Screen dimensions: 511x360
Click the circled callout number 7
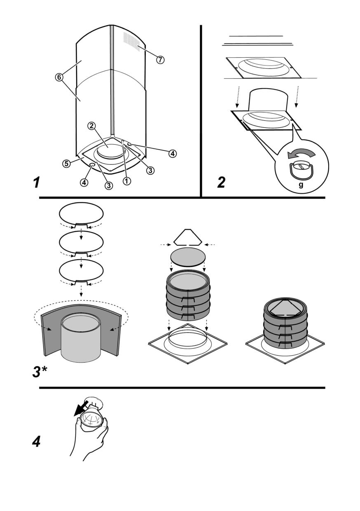[161, 59]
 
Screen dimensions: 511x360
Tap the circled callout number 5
[66, 163]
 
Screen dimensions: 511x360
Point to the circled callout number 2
[92, 126]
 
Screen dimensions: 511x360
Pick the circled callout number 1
[127, 180]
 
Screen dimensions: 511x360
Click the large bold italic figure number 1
[37, 182]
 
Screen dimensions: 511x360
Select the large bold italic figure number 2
[221, 182]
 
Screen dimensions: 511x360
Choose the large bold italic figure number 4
[37, 443]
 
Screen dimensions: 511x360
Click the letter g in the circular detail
[301, 185]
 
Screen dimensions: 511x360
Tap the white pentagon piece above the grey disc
[187, 237]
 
